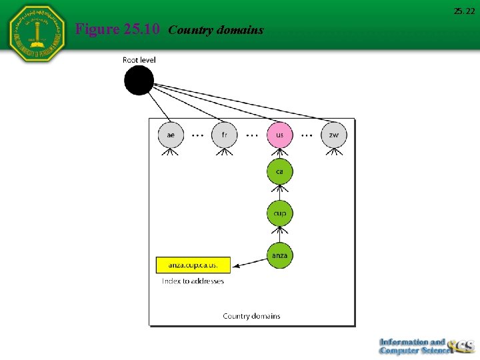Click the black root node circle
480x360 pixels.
coord(139,81)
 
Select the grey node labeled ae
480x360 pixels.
coord(171,135)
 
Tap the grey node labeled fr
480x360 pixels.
coord(225,135)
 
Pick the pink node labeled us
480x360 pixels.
coord(279,135)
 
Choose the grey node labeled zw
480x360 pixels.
coord(333,135)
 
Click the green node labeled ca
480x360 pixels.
coord(279,171)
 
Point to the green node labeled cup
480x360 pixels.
coord(279,213)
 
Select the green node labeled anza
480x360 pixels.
coord(279,255)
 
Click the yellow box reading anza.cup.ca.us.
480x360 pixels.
coord(193,265)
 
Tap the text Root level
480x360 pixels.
coord(139,60)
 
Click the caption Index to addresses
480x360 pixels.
coord(193,281)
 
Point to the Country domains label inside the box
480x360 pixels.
coord(251,316)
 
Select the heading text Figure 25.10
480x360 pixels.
coord(117,29)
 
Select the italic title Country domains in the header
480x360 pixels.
coord(216,30)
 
